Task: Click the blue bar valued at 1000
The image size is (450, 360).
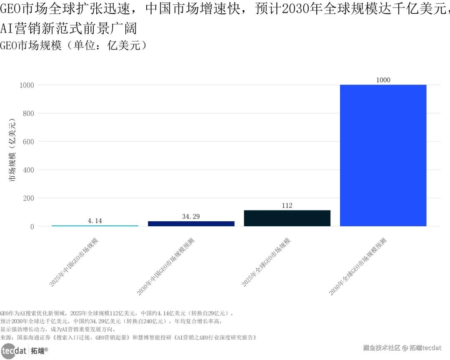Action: tap(383, 155)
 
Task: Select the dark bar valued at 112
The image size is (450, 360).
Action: tap(287, 218)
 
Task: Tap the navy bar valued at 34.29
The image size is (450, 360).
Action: tap(191, 224)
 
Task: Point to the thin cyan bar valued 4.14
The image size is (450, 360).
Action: tap(95, 225)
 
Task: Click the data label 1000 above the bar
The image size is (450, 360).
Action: tap(383, 80)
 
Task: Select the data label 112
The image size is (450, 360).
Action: tap(287, 205)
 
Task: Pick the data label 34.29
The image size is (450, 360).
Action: tap(191, 216)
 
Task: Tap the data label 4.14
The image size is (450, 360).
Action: tap(95, 221)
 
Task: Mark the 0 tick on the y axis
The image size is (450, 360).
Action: tap(32, 227)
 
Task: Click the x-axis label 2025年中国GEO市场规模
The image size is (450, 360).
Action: tap(74, 262)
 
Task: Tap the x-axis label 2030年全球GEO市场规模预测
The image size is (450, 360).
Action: tap(357, 267)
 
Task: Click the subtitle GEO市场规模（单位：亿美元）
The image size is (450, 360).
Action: tap(74, 45)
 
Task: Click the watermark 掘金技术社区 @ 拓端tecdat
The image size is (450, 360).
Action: tap(402, 347)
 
